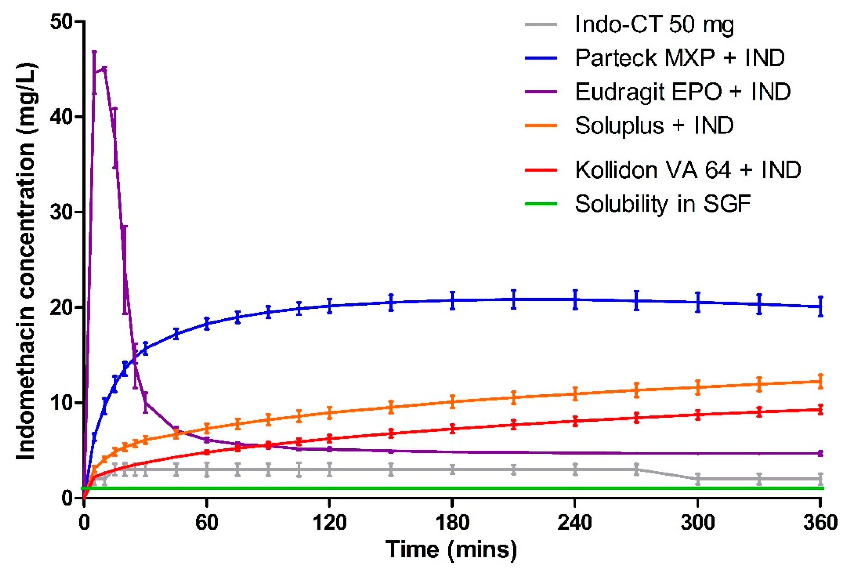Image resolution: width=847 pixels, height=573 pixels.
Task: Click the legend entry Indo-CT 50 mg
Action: tap(654, 25)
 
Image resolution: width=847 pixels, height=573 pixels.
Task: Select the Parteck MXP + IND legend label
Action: tap(680, 58)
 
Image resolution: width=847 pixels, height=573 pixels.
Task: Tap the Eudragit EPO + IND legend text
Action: tap(683, 92)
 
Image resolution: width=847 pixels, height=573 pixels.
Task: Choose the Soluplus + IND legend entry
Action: tap(654, 126)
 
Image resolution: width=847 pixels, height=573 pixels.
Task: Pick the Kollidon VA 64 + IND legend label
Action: tap(688, 170)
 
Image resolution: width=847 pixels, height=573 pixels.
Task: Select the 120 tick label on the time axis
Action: tap(330, 523)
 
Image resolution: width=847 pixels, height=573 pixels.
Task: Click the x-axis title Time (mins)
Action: tap(451, 549)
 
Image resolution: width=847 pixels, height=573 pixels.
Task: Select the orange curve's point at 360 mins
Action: tap(820, 381)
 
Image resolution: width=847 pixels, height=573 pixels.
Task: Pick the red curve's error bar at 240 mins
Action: tap(575, 421)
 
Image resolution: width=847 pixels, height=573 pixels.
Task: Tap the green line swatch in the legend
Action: tap(541, 204)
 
